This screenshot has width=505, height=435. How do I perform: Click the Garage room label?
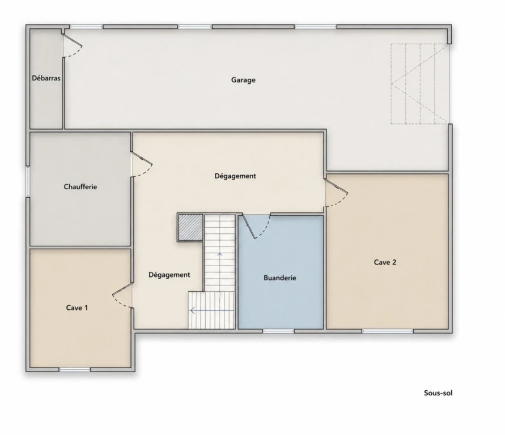pyautogui.click(x=243, y=80)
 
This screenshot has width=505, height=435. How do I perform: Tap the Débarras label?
pyautogui.click(x=46, y=78)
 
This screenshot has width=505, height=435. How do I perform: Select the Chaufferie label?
pyautogui.click(x=80, y=186)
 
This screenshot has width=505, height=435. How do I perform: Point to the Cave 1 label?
pyautogui.click(x=77, y=308)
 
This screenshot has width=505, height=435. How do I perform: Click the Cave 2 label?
pyautogui.click(x=385, y=262)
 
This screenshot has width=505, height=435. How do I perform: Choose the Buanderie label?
pyautogui.click(x=279, y=278)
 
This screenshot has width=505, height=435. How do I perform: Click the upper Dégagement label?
pyautogui.click(x=235, y=176)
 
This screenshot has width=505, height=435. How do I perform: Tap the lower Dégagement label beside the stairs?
pyautogui.click(x=169, y=275)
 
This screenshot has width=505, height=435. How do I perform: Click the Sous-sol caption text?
pyautogui.click(x=438, y=393)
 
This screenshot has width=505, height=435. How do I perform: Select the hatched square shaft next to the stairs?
pyautogui.click(x=190, y=227)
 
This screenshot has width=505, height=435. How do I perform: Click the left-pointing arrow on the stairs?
pyautogui.click(x=213, y=310)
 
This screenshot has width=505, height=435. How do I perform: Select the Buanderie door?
pyautogui.click(x=256, y=226)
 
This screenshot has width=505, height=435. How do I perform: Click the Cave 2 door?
pyautogui.click(x=337, y=193)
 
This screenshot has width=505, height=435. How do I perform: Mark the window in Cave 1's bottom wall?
pyautogui.click(x=75, y=370)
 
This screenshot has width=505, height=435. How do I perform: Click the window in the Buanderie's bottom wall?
pyautogui.click(x=279, y=331)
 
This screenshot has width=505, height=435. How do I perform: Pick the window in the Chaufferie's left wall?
pyautogui.click(x=28, y=181)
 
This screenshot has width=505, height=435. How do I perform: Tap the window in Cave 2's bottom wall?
pyautogui.click(x=388, y=331)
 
